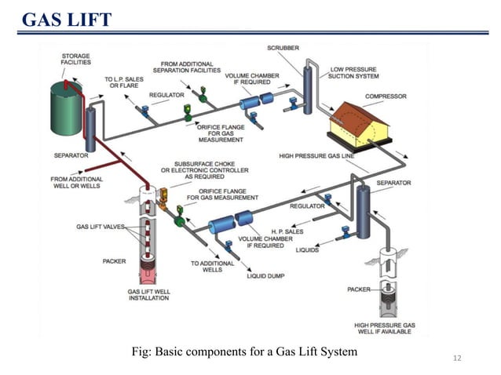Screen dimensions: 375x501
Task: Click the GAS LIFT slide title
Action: click(67, 18)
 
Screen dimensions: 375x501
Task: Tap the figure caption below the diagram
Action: click(244, 351)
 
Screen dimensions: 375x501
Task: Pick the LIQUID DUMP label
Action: click(267, 275)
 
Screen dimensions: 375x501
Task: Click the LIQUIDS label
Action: click(307, 251)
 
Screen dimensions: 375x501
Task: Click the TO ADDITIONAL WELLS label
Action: click(207, 267)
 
